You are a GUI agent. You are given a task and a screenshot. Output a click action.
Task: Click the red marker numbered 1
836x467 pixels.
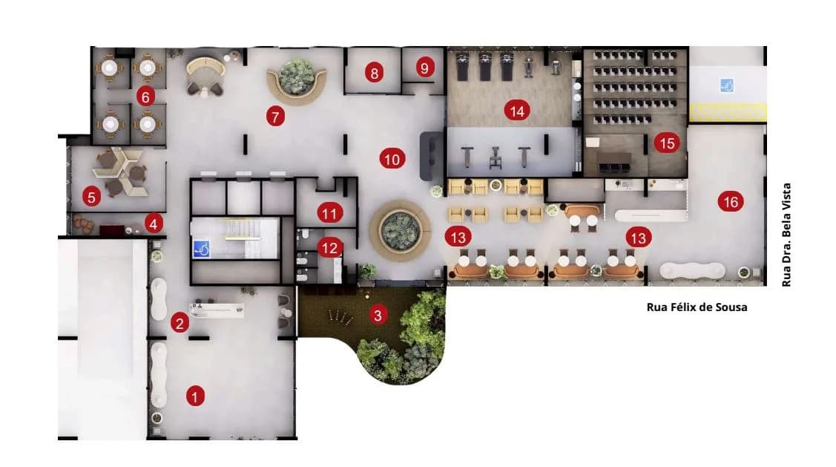click(195, 396)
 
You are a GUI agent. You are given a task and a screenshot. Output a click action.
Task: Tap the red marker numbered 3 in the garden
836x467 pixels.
click(378, 315)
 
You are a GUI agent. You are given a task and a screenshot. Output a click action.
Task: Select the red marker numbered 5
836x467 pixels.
click(92, 197)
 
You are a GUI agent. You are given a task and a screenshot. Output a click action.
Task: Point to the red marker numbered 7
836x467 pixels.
click(275, 117)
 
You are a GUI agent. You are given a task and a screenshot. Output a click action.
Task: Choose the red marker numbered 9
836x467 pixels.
click(424, 68)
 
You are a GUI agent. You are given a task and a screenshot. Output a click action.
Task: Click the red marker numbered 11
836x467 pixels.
click(329, 214)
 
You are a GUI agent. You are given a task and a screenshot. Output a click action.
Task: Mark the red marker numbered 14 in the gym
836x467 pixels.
click(516, 111)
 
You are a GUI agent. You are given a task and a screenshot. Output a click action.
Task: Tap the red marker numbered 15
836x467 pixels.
click(667, 143)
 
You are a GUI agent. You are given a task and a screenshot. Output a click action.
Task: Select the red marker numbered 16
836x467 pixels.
click(731, 202)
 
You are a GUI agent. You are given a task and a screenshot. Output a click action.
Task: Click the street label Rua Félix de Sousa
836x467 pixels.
click(697, 307)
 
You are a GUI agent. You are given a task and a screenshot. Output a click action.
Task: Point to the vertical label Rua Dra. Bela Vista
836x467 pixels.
click(786, 235)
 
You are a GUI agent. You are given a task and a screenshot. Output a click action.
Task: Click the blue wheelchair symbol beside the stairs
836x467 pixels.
click(201, 249)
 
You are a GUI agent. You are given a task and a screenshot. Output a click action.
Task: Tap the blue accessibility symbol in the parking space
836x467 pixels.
click(726, 85)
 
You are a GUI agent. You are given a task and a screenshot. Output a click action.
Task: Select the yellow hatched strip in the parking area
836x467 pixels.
click(728, 112)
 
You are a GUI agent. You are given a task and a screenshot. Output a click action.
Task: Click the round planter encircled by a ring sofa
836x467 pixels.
click(400, 230)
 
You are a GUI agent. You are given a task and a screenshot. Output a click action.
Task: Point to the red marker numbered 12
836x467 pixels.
click(329, 248)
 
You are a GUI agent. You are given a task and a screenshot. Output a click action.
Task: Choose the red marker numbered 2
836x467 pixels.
click(180, 323)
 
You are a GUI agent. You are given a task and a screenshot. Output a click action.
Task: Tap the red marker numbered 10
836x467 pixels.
click(392, 159)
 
